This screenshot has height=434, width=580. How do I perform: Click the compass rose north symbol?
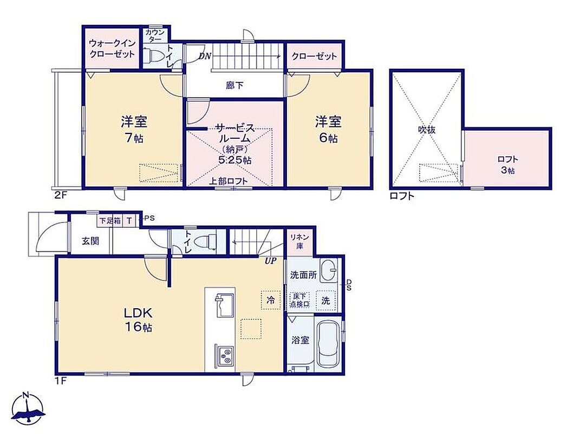[x=28, y=407]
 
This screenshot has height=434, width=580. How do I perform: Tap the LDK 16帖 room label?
[x=138, y=320]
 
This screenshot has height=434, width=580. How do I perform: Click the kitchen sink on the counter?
[x=225, y=305]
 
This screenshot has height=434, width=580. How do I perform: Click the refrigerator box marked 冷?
[x=271, y=300]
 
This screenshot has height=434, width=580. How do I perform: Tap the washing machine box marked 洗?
[x=326, y=300]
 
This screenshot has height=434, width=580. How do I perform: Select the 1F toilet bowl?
[x=207, y=241]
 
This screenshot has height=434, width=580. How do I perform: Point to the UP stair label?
[x=270, y=261]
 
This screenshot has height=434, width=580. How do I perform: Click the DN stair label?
[x=205, y=56]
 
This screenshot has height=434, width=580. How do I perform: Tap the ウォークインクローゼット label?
[x=112, y=49]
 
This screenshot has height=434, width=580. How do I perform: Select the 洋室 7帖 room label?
[x=134, y=129]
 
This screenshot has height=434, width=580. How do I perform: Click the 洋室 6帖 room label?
[x=328, y=129]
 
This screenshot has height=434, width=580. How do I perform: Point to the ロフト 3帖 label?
[x=507, y=164]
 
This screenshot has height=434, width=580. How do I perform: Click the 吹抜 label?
[x=427, y=129]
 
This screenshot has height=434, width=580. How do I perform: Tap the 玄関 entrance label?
[x=90, y=241]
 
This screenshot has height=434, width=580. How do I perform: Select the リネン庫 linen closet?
[x=299, y=241]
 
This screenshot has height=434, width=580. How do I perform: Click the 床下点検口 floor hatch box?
[x=299, y=300]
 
